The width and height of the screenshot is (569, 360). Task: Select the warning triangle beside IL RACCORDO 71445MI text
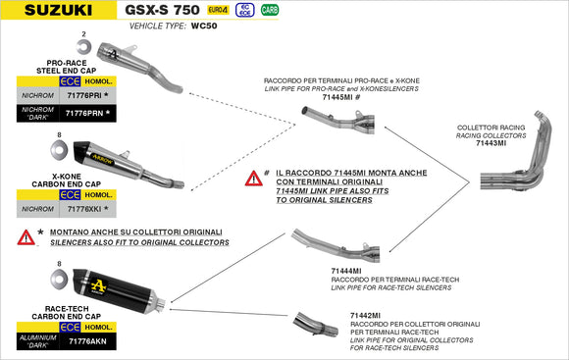pyautogui.click(x=254, y=179)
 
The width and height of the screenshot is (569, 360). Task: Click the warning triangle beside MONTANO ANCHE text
pyautogui.click(x=26, y=236)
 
